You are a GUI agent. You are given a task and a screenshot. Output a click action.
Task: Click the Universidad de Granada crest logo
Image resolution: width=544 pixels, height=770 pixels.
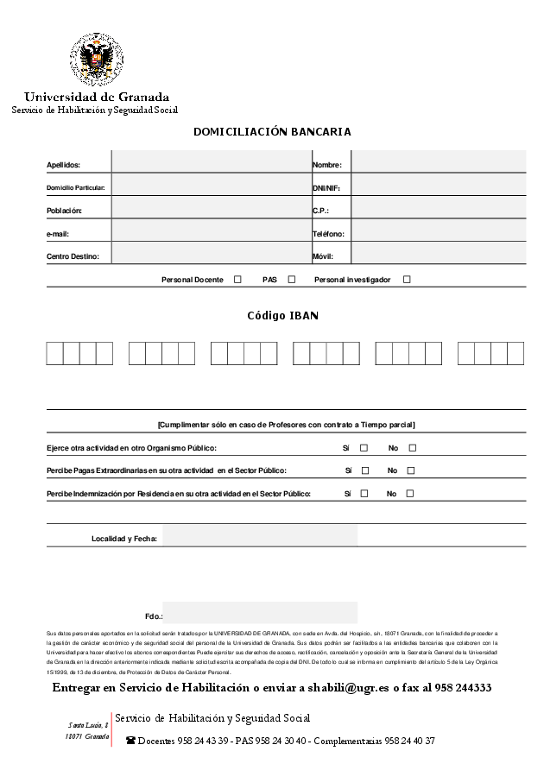click(96, 60)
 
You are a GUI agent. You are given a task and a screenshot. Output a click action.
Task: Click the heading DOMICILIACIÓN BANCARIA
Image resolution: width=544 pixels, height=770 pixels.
click(272, 132)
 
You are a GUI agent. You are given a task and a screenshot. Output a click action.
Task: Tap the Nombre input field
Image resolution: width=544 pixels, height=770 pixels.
click(438, 163)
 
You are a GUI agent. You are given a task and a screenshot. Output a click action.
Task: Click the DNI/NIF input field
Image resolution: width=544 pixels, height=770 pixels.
click(438, 186)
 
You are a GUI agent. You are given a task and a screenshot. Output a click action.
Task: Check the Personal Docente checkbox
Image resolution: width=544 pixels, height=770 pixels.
click(237, 280)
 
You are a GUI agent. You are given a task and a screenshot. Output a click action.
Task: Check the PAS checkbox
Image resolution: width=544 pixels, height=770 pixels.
click(292, 280)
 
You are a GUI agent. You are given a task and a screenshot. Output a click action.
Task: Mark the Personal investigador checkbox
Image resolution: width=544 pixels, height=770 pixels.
click(407, 280)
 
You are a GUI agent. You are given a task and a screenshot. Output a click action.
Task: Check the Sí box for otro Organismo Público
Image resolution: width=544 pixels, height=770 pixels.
click(364, 448)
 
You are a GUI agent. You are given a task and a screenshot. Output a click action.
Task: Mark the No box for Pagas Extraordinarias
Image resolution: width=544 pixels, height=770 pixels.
click(411, 470)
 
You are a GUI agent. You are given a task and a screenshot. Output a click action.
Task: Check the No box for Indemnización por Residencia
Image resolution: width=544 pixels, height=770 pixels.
click(410, 494)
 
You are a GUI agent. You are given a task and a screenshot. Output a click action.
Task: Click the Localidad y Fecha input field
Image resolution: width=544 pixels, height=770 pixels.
click(259, 537)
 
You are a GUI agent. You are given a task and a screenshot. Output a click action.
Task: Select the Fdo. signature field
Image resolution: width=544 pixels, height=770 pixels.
click(259, 613)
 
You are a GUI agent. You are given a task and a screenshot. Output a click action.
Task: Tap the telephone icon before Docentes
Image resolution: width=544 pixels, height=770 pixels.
click(130, 741)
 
